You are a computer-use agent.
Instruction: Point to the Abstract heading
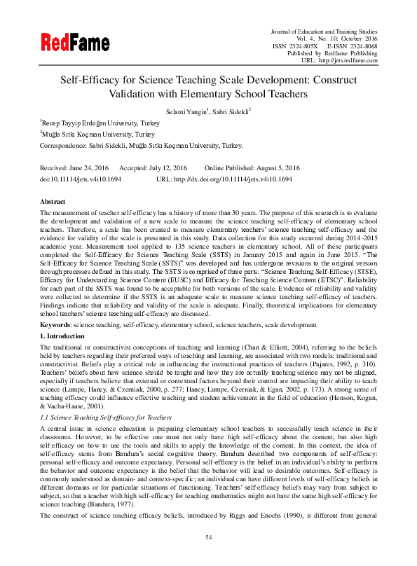(55, 201)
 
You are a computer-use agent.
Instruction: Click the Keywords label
(57, 325)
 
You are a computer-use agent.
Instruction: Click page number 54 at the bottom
(208, 537)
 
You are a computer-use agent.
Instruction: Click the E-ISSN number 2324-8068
(360, 46)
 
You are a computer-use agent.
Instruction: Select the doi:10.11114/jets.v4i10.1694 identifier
(81, 179)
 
